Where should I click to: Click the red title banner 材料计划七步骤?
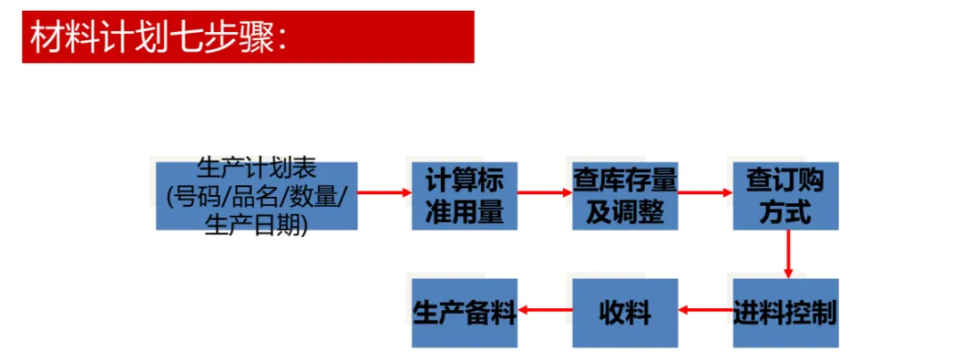[248, 37]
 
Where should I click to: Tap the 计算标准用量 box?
[464, 196]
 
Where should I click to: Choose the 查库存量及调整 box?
[624, 196]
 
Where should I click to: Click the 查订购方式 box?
[786, 196]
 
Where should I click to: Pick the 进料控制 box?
[786, 313]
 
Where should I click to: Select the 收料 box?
[624, 313]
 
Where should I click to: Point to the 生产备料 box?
[464, 313]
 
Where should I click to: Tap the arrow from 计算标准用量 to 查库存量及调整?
[544, 192]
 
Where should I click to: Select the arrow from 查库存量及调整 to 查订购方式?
[705, 192]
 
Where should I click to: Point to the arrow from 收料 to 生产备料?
[544, 311]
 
